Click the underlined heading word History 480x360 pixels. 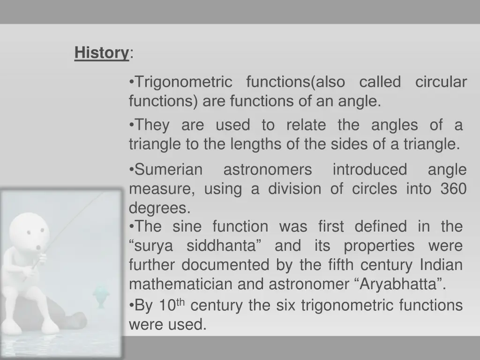(101, 52)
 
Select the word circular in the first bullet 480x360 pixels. (441, 82)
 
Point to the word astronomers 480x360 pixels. (267, 170)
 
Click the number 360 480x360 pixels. (453, 189)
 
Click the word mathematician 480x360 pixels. (180, 284)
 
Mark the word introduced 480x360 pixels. (369, 170)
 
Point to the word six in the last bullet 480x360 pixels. (285, 306)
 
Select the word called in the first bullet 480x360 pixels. (380, 82)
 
